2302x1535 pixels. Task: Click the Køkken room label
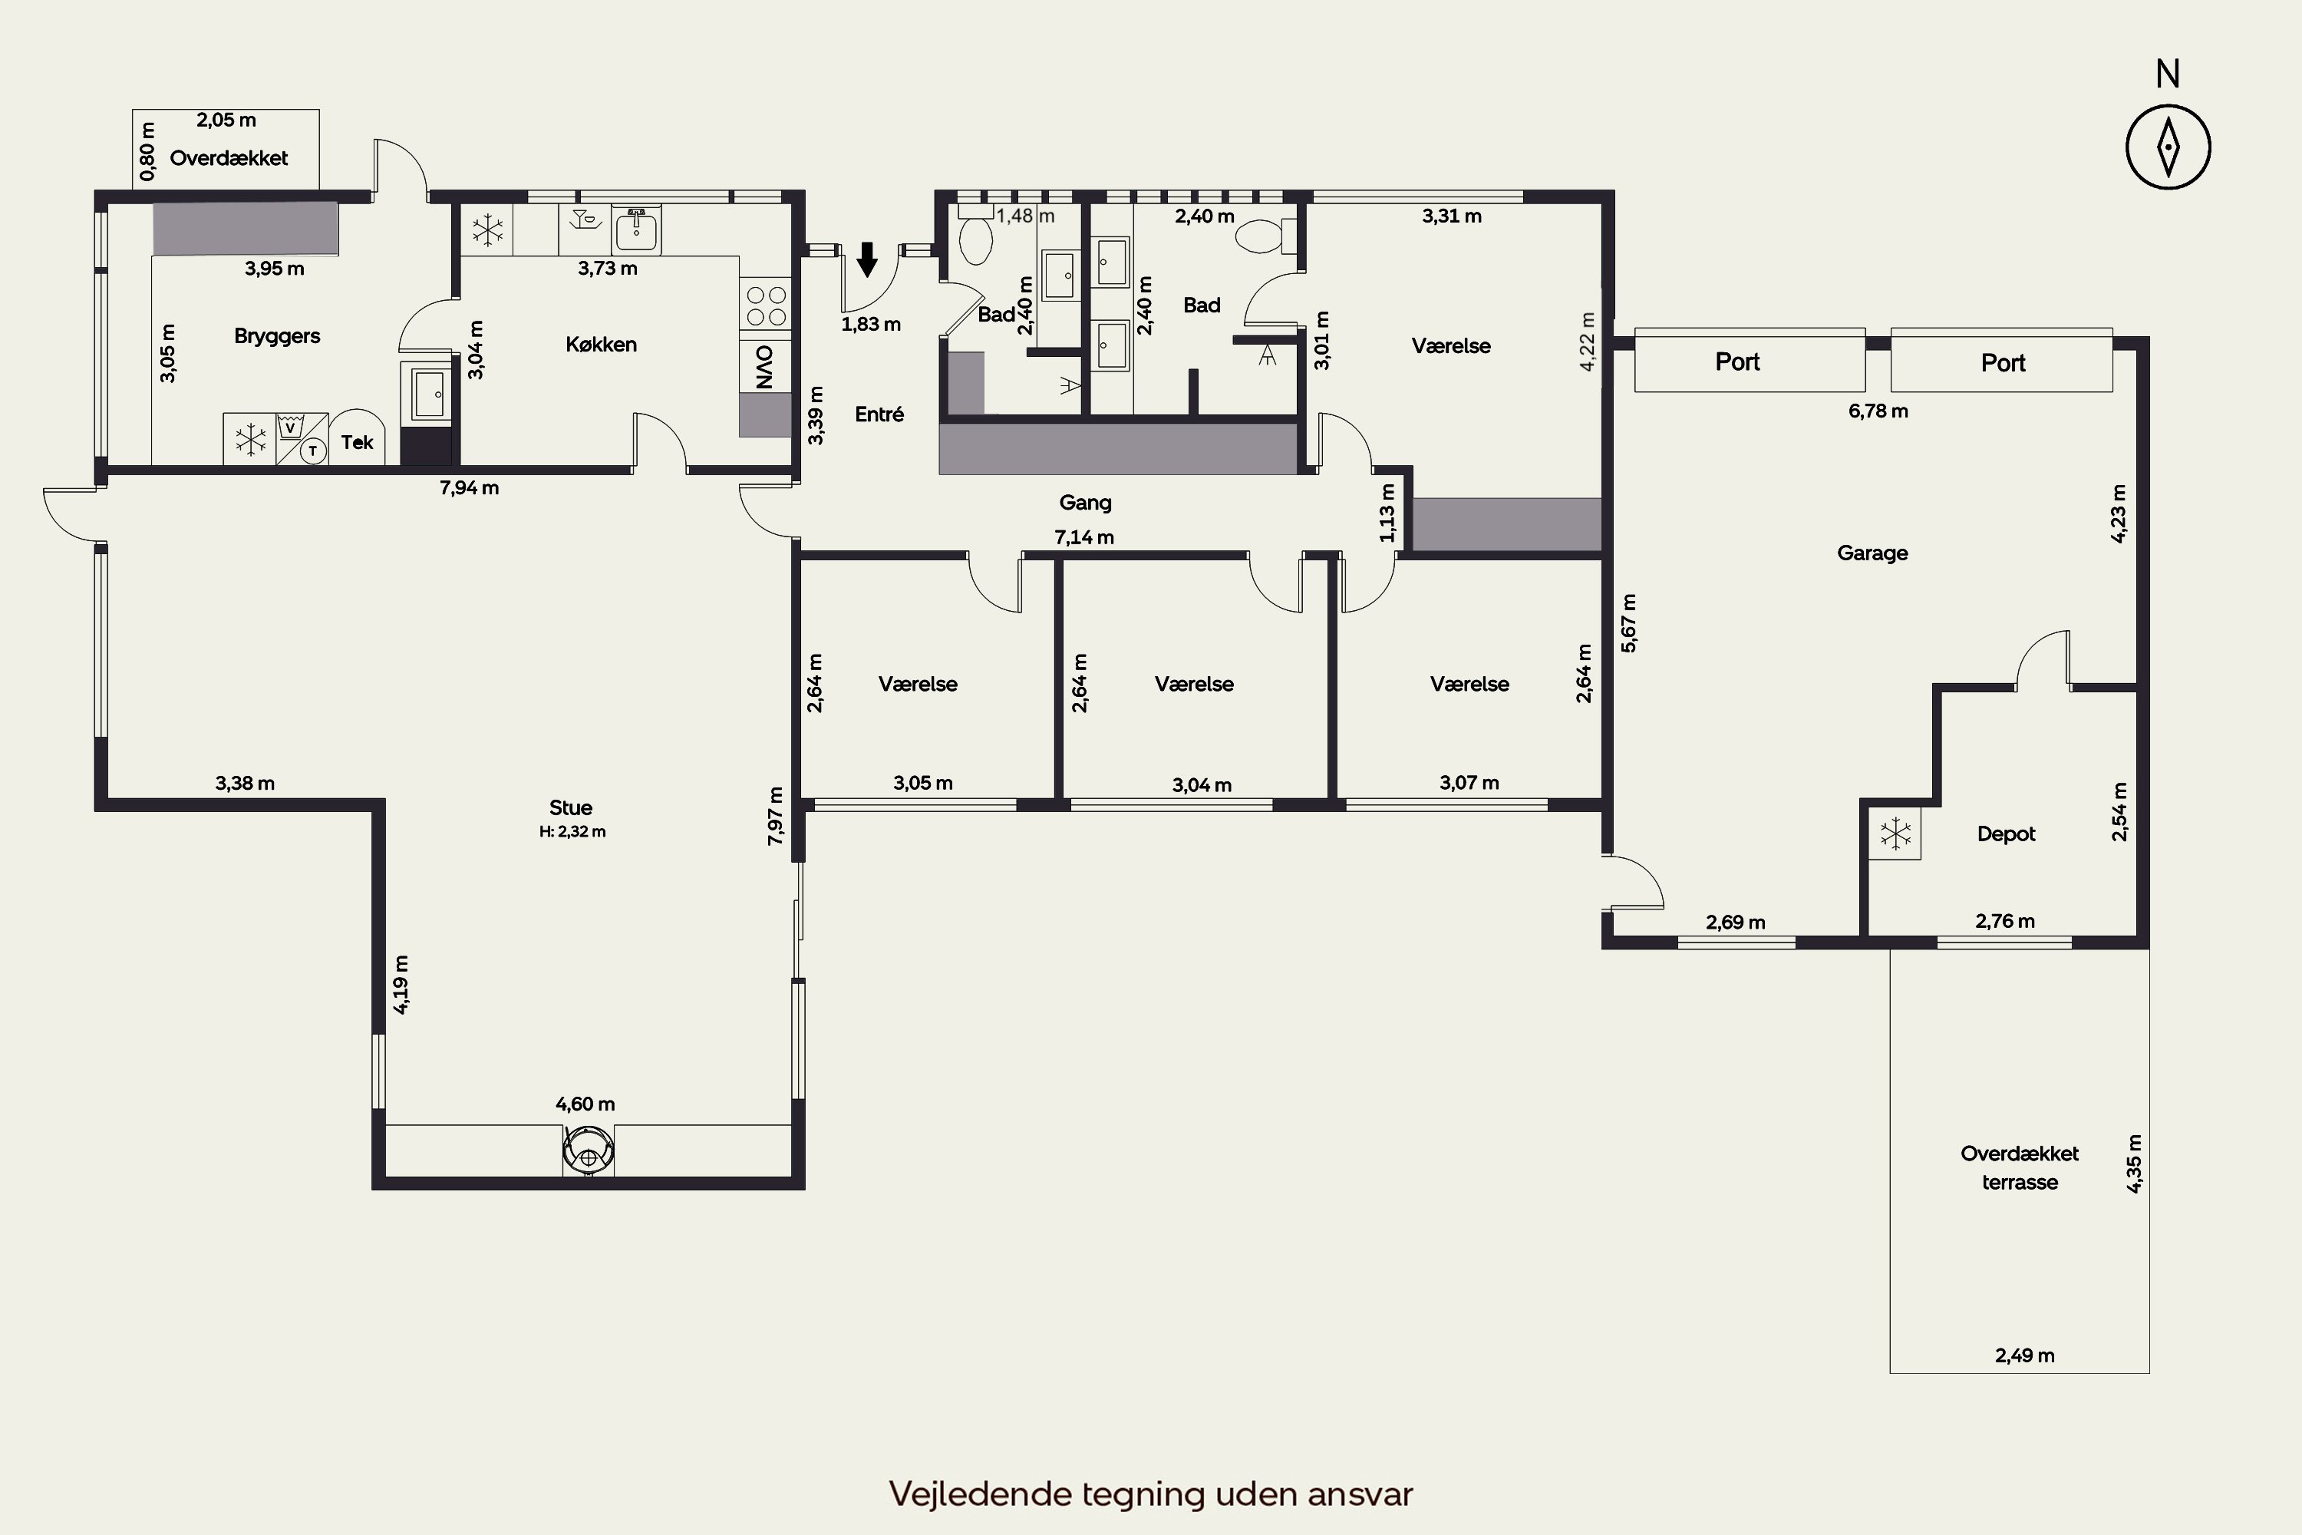tap(601, 345)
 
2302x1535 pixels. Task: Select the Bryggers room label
tap(277, 336)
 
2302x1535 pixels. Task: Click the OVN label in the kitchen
tap(765, 366)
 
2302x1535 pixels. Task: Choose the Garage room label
tap(1872, 553)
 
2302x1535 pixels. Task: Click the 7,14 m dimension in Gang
tap(1084, 537)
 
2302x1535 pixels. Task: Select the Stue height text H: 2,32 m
tap(572, 832)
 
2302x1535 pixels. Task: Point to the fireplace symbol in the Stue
tap(589, 1151)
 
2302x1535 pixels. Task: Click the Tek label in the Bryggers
tap(358, 443)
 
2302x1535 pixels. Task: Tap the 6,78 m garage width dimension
tap(1878, 411)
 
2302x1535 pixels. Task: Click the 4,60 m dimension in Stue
tap(585, 1104)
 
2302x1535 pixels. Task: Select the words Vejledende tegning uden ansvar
tap(1151, 1494)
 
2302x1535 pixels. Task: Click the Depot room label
tap(2007, 834)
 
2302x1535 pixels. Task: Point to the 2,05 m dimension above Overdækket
tap(226, 120)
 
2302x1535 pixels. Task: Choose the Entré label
tap(879, 414)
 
